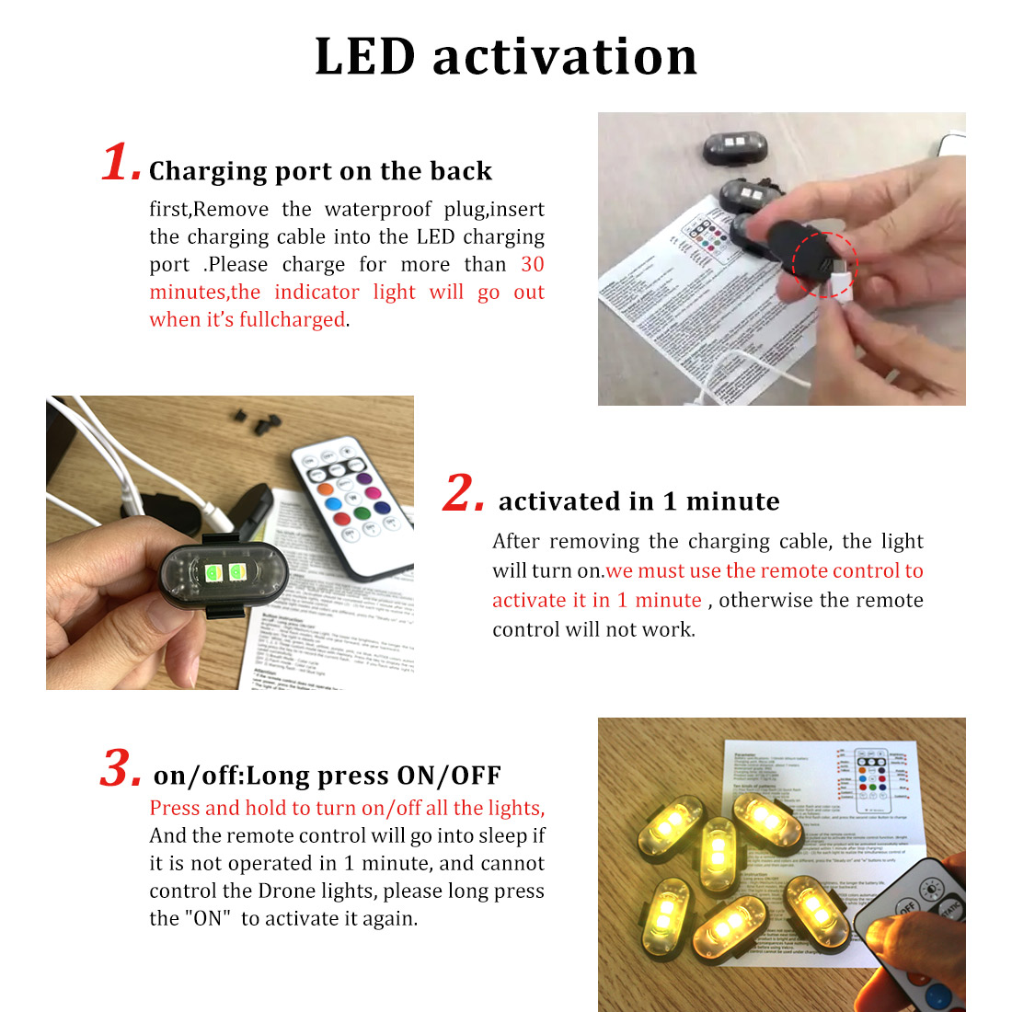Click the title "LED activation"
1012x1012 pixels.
[x=506, y=57]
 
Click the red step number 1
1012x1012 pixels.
[x=121, y=164]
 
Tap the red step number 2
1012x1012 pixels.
[x=463, y=493]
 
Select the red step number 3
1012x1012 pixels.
[x=121, y=769]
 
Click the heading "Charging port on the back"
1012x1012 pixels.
[x=320, y=171]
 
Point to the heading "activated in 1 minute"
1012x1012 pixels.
[x=638, y=501]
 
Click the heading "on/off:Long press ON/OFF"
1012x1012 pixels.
[x=327, y=776]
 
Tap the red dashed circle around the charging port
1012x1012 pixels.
[x=824, y=265]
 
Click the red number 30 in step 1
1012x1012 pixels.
[x=532, y=265]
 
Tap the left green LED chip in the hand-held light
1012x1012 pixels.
[x=213, y=573]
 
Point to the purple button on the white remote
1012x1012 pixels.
[x=363, y=479]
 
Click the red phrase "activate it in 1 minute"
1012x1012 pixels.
[x=596, y=601]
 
